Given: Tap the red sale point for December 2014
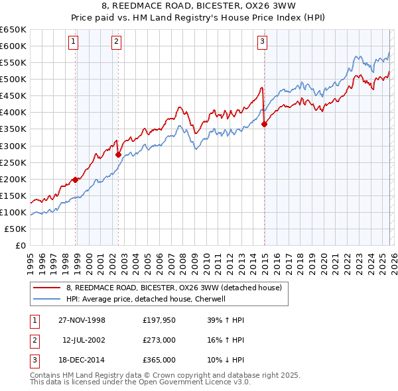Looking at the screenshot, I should point(265,123).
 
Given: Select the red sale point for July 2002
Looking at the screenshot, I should point(119,154).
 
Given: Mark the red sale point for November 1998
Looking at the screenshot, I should point(76,179).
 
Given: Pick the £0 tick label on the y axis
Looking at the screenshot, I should point(20,245).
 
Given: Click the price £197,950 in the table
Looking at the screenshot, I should point(159,320).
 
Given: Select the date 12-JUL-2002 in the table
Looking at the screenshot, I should point(84,340).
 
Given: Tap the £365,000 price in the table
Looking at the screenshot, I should point(159,360).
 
